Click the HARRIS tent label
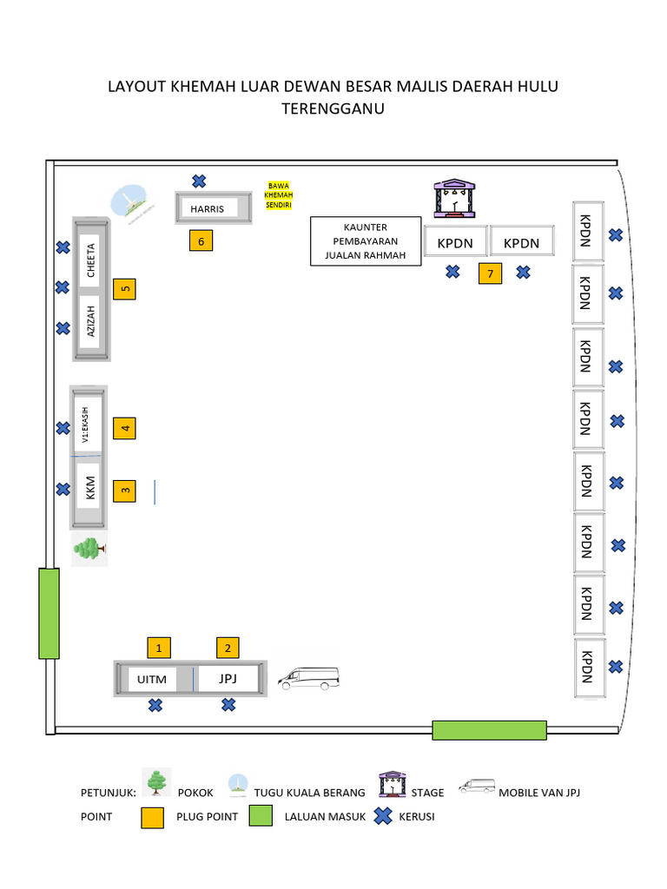coord(208,209)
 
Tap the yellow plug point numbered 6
coord(201,241)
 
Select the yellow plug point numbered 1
coord(158,647)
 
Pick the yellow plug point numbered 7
coord(490,274)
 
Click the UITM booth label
coord(151,679)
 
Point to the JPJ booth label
coord(228,678)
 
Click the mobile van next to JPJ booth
coord(308,678)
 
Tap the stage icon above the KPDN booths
coord(452,198)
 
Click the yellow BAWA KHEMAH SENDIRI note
coord(279,195)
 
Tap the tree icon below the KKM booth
coord(89,550)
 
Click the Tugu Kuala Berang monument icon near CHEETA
coord(129,203)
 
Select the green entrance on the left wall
coord(49,613)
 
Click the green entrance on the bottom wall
coord(489,730)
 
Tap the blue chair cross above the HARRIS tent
coord(199,181)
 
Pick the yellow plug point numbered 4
coord(125,428)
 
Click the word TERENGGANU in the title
coord(333,109)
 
